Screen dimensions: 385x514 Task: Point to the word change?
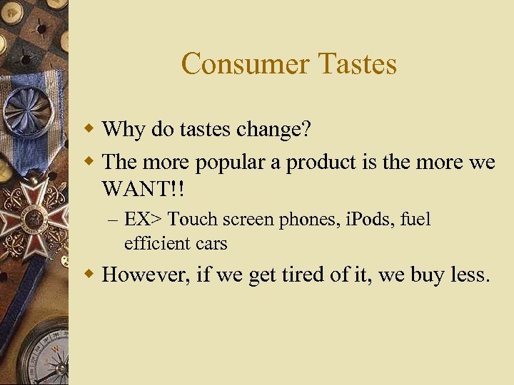(x=276, y=129)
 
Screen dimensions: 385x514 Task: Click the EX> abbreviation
(x=143, y=219)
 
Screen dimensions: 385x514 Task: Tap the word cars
(x=210, y=243)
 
